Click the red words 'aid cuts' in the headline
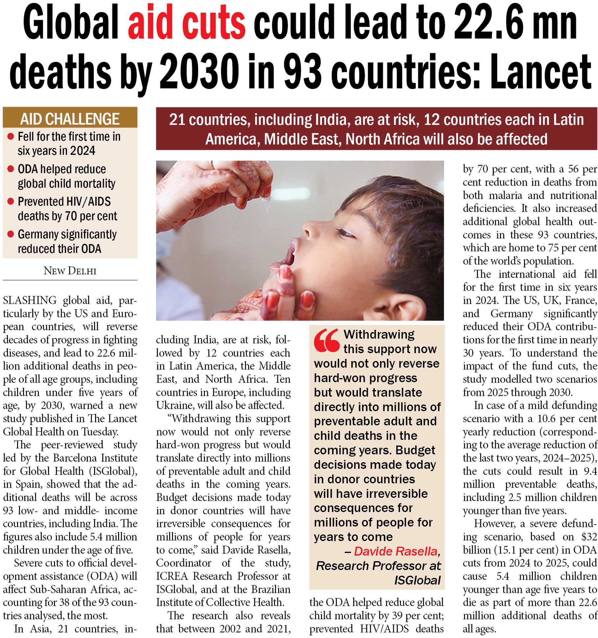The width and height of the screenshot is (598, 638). tap(187, 26)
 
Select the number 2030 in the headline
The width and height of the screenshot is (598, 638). tap(199, 73)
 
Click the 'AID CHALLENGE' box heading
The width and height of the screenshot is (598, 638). tap(70, 119)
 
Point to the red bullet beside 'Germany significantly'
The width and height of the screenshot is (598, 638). tap(11, 234)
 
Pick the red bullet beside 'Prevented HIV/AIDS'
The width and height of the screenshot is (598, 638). tap(11, 201)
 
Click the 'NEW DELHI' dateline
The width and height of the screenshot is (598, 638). tap(70, 271)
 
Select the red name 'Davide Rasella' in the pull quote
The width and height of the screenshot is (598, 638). tap(396, 551)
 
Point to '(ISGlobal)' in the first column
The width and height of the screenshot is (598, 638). tap(113, 471)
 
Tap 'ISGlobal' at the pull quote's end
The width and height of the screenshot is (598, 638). tap(417, 580)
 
